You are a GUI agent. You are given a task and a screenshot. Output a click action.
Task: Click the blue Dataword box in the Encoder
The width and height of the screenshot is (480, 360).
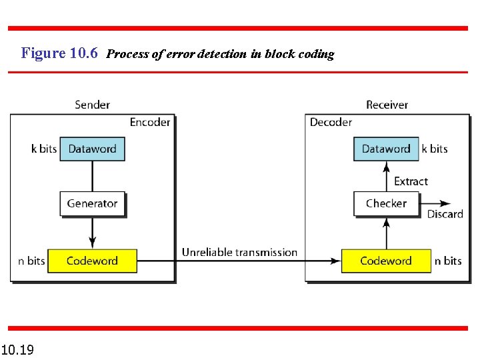(x=92, y=149)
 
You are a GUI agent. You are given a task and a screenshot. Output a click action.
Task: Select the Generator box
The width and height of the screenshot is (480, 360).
(x=92, y=203)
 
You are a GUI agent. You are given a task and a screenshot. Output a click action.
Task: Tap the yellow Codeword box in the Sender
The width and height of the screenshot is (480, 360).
(x=92, y=261)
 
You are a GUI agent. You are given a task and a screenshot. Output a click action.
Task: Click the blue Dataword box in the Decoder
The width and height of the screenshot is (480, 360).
(x=386, y=149)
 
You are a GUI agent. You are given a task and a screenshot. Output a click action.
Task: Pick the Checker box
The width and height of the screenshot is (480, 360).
(x=386, y=203)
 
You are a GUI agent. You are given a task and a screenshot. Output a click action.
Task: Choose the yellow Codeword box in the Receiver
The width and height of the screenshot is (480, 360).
(x=386, y=261)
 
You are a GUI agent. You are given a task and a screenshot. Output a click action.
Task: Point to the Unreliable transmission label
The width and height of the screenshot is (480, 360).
(x=239, y=252)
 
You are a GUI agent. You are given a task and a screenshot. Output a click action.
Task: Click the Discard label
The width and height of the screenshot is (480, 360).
(x=445, y=214)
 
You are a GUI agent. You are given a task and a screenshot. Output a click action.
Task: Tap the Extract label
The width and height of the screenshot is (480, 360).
(x=411, y=181)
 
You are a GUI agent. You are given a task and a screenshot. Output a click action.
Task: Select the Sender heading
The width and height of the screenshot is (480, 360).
(x=92, y=105)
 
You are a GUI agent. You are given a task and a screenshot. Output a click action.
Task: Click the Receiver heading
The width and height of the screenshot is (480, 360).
(x=387, y=105)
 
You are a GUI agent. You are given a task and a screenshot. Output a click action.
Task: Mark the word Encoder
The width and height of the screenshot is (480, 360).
(x=150, y=122)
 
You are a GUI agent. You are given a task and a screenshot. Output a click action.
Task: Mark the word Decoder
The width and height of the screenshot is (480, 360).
(x=331, y=122)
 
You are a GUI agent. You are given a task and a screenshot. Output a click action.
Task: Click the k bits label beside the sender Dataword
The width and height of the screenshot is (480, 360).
(x=44, y=149)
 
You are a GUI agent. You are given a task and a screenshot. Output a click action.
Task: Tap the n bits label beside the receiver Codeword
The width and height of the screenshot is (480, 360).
(x=448, y=261)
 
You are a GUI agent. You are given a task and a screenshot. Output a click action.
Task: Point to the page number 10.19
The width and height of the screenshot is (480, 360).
(x=18, y=349)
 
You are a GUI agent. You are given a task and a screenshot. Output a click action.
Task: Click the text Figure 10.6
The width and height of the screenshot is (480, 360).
(x=59, y=53)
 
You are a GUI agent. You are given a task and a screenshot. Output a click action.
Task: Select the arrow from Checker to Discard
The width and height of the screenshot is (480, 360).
(x=437, y=203)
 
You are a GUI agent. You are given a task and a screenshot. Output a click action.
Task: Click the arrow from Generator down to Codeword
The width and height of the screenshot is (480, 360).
(x=92, y=233)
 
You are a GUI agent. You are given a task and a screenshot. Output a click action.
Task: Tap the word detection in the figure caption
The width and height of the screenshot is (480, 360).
(x=221, y=54)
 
